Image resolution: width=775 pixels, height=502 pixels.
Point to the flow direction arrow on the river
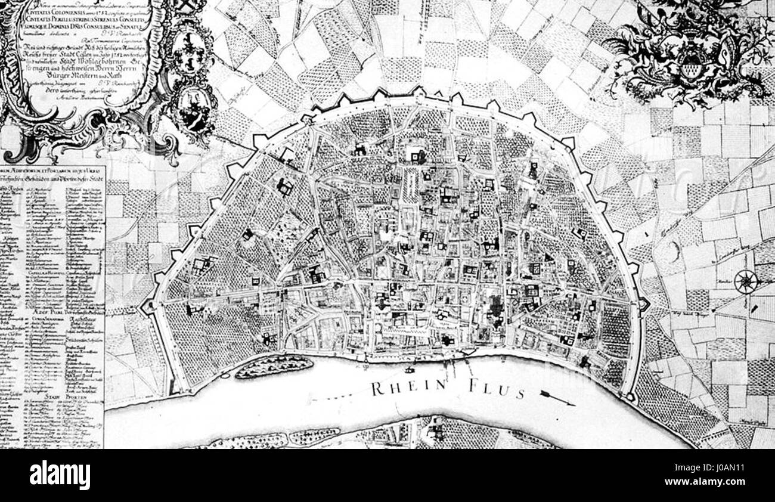click(x=558, y=399)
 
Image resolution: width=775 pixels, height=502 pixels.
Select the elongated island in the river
click(x=273, y=365)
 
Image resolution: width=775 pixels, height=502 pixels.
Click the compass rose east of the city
click(x=745, y=281)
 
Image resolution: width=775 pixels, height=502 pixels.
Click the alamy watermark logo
click(x=60, y=475)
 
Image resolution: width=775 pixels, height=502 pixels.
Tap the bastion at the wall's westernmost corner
click(x=147, y=306)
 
